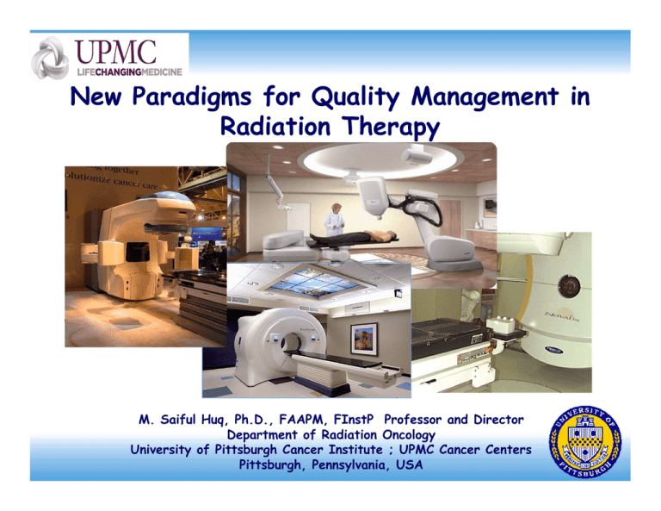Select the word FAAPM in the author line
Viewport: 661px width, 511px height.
click(x=308, y=420)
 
